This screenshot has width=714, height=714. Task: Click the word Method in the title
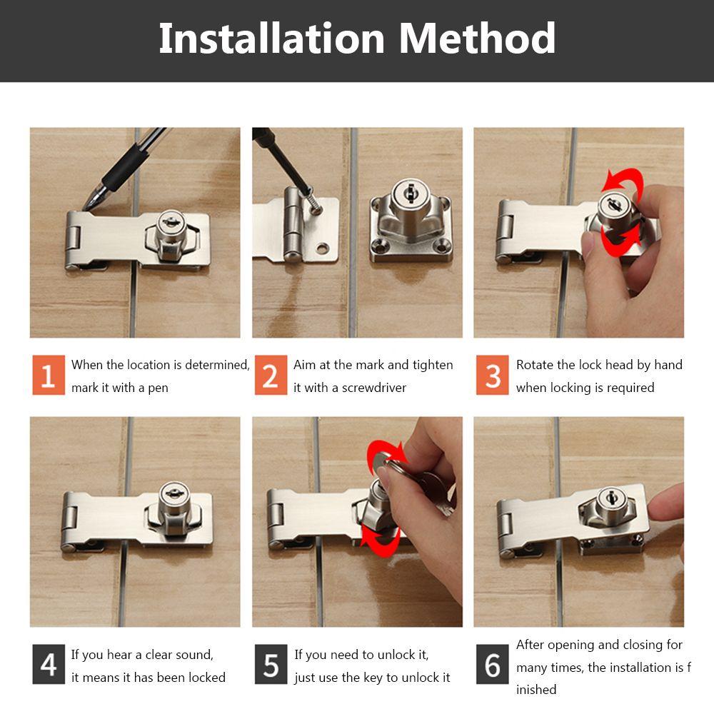point(477,39)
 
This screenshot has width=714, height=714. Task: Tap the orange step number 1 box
point(48,375)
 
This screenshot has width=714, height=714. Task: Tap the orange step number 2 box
point(271,375)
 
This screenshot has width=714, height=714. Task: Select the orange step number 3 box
point(493,375)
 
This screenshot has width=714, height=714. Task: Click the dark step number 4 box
point(48,664)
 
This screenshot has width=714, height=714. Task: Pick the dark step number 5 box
point(271,664)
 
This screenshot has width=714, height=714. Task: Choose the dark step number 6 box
point(493,664)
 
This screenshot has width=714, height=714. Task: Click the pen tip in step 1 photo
point(87,206)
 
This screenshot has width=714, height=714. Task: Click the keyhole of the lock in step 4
point(172,493)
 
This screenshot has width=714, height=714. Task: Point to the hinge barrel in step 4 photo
point(69,525)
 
